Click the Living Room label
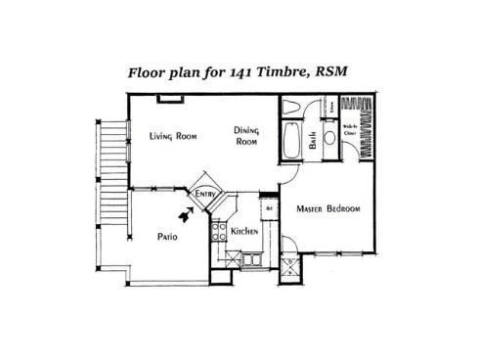point(173,136)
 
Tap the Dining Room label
point(246,136)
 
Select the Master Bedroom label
point(328,209)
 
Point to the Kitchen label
point(243,231)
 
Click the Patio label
point(167,237)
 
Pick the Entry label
point(205,195)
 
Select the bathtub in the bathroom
point(292,141)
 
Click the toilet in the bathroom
point(292,108)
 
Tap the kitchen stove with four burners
point(217,233)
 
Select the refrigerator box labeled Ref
point(268,206)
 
